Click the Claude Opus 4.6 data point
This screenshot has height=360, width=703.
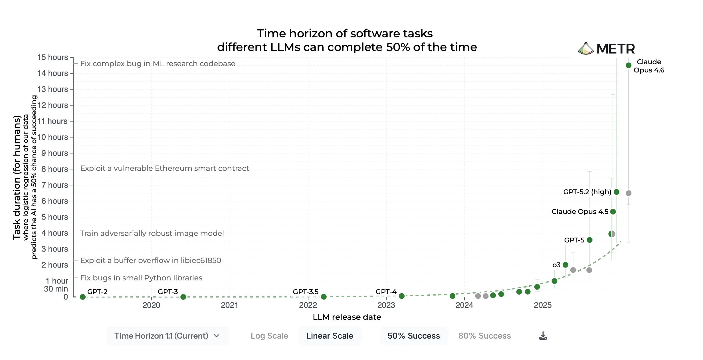(628, 65)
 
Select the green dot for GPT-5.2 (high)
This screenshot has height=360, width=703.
(616, 192)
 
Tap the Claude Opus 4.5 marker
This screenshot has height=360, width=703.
(613, 212)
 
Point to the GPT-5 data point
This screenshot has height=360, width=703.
(589, 240)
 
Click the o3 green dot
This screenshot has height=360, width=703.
(565, 265)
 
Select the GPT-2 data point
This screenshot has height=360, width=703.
(83, 297)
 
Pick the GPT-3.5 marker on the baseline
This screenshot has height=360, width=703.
(324, 297)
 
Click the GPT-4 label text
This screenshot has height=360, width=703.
(386, 292)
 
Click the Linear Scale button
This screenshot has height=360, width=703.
(330, 336)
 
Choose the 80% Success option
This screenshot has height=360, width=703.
(484, 336)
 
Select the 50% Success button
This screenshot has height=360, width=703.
(413, 336)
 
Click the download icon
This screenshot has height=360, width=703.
(543, 336)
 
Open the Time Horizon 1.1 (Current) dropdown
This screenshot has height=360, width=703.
(167, 336)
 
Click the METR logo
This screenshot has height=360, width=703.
(606, 48)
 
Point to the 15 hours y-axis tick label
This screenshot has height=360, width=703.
(53, 57)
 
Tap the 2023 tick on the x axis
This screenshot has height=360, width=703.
(386, 305)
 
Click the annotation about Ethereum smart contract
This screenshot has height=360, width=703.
(165, 168)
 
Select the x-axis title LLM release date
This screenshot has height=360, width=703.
(347, 317)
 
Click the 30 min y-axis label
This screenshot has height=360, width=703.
(56, 289)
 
